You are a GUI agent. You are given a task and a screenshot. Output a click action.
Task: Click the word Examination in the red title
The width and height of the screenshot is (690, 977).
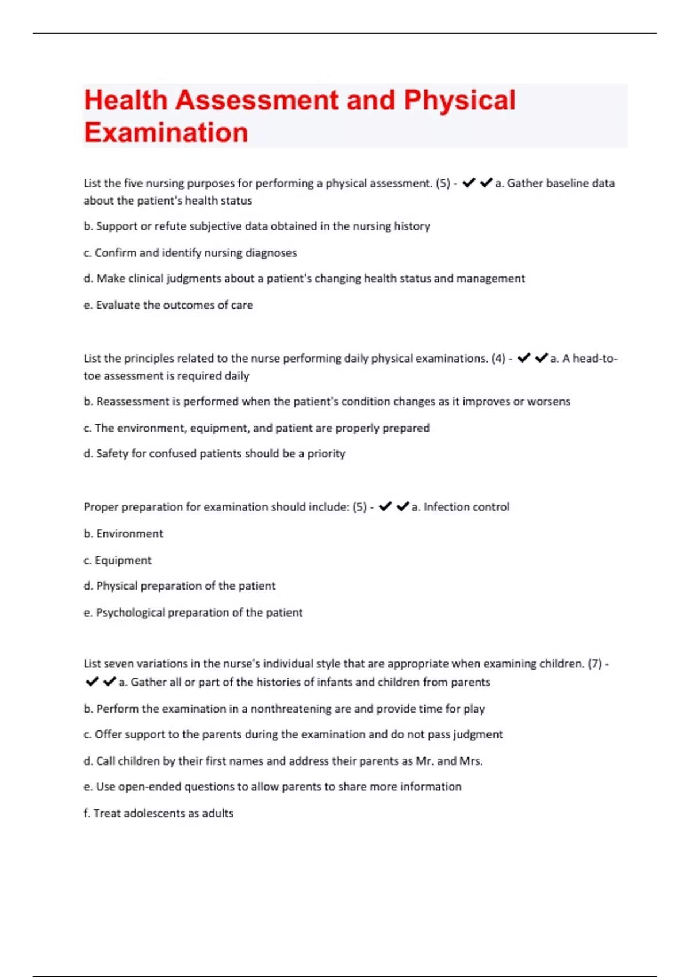pyautogui.click(x=166, y=132)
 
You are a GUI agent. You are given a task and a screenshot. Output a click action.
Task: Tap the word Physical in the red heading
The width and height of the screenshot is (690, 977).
pyautogui.click(x=459, y=100)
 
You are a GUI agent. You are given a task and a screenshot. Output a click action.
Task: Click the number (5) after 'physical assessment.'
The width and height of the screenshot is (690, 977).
pyautogui.click(x=443, y=183)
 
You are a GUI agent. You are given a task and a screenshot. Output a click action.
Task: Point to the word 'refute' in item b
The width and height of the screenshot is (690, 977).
pyautogui.click(x=171, y=226)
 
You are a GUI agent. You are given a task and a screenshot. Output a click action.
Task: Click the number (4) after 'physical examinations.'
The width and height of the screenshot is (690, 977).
pyautogui.click(x=498, y=359)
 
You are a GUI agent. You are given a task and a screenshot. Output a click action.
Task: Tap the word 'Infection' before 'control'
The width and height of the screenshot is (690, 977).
pyautogui.click(x=442, y=507)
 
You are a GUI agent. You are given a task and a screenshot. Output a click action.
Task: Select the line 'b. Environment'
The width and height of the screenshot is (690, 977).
pyautogui.click(x=124, y=534)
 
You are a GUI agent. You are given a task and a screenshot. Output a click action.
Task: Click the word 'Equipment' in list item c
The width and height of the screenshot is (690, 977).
pyautogui.click(x=123, y=560)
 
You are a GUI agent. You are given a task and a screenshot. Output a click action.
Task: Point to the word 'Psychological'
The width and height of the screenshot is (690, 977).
pyautogui.click(x=131, y=613)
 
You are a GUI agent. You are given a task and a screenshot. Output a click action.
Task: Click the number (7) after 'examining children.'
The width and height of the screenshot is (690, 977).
pyautogui.click(x=595, y=664)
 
